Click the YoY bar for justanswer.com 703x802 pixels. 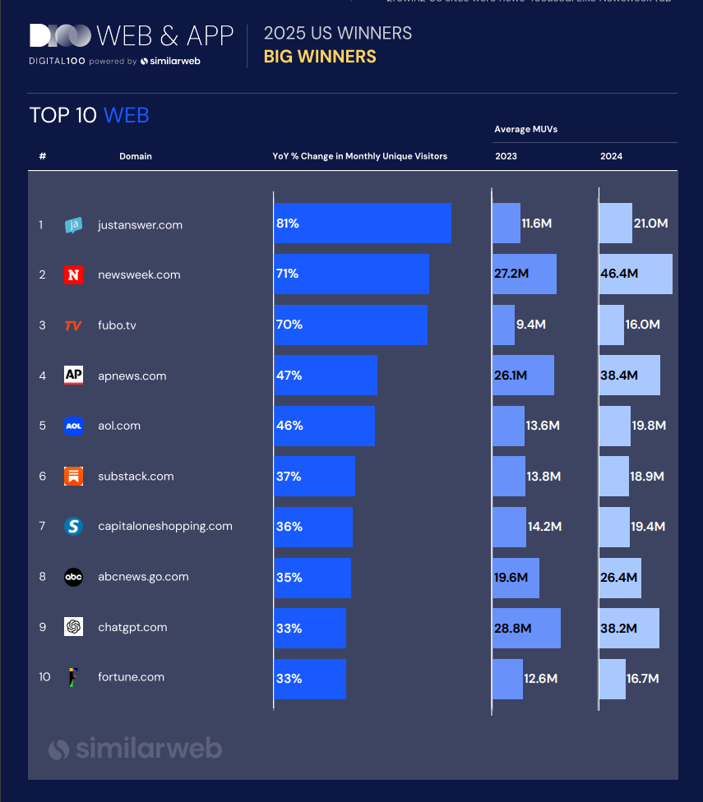[362, 224]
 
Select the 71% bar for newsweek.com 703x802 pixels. [351, 274]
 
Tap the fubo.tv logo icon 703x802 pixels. [73, 325]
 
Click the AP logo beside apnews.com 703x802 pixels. [73, 376]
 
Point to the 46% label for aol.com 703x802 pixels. [289, 426]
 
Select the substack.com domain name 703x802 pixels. [136, 477]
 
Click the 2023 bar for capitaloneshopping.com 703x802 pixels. [509, 527]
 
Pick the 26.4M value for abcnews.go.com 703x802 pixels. [618, 578]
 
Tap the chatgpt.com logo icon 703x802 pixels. [73, 627]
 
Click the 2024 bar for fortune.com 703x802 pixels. [612, 679]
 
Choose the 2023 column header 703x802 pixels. [506, 156]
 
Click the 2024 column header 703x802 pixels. [611, 156]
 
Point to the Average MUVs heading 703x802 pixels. [526, 129]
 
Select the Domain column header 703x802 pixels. [136, 156]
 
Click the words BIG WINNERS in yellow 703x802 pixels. [320, 57]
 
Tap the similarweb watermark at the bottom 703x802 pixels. [136, 749]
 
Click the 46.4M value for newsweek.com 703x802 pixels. [619, 274]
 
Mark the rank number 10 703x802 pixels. [44, 677]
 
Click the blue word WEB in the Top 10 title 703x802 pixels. [126, 115]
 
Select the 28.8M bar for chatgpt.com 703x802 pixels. [526, 628]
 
